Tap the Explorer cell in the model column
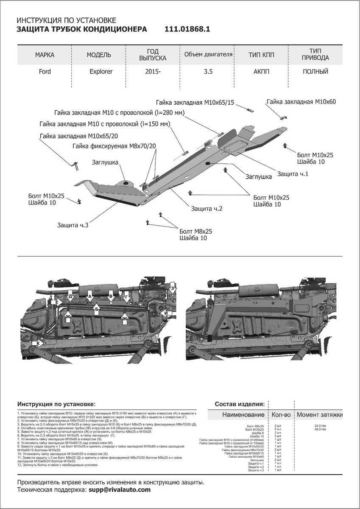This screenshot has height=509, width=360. click(101, 71)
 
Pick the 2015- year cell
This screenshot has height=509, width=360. click(153, 71)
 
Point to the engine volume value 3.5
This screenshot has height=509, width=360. click(208, 71)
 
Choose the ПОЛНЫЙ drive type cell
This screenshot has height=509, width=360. click(315, 71)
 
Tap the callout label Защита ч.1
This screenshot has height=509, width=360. click(293, 174)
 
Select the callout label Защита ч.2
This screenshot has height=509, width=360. click(207, 209)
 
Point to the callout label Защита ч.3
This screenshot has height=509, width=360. click(73, 225)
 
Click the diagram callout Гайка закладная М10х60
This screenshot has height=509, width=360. click(301, 102)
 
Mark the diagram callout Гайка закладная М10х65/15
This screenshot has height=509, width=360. click(195, 103)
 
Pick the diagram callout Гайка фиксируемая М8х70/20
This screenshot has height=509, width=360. click(114, 146)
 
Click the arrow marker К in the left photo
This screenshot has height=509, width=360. click(39, 343)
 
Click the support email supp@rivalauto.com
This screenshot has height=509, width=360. click(120, 489)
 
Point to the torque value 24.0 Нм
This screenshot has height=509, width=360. click(320, 425)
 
